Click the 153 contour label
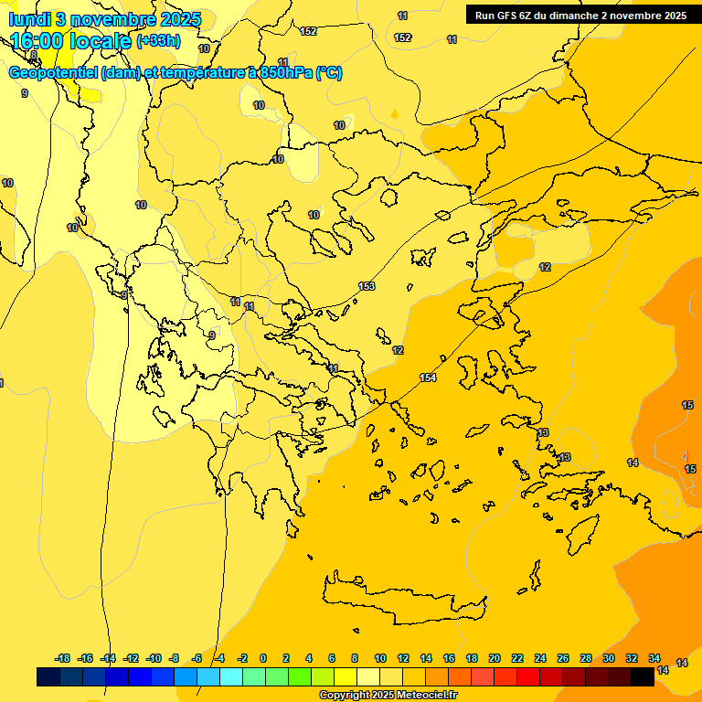tap(367, 286)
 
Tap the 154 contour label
tap(428, 378)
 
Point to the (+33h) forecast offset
tap(158, 41)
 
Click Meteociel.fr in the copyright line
tap(426, 696)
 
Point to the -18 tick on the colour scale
tap(62, 658)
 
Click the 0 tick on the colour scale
tap(263, 658)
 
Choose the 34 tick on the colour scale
tap(654, 658)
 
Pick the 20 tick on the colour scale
tap(495, 658)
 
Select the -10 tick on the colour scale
tap(154, 658)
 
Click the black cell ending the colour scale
tap(643, 676)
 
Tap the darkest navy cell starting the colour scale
tap(48, 676)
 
